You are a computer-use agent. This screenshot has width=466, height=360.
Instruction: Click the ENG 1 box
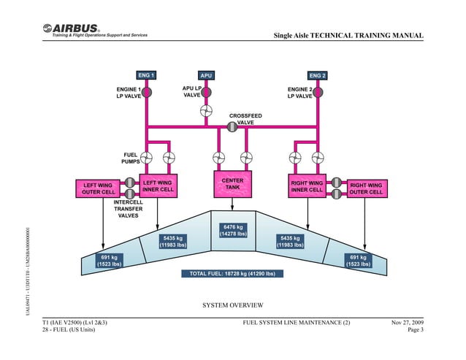point(146,75)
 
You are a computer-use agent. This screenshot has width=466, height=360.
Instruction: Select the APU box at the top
point(206,75)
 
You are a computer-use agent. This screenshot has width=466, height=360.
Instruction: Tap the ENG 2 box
point(318,75)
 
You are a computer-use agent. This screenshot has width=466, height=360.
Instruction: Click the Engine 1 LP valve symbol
point(146,93)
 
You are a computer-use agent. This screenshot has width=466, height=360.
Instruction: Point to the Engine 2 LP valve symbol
point(318,93)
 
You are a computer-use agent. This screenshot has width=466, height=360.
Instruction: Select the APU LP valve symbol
point(206,93)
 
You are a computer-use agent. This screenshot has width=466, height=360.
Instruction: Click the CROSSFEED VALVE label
point(245,119)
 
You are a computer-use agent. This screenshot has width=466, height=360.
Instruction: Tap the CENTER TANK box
point(232,184)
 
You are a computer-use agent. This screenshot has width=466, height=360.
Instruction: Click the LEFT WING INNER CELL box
point(157,186)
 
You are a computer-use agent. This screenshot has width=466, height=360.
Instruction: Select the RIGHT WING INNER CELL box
point(307,186)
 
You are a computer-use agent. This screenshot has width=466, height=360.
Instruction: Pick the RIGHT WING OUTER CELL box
point(365,189)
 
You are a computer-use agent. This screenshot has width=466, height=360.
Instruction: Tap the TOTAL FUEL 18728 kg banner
point(232,274)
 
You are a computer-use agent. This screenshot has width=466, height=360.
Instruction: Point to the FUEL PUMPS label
point(131,158)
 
